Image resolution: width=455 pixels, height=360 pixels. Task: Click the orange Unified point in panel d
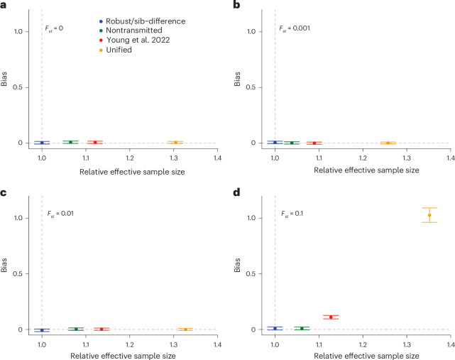[429, 215]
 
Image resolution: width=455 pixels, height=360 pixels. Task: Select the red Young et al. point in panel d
[331, 317]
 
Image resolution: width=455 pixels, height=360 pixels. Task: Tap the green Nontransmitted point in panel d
[302, 328]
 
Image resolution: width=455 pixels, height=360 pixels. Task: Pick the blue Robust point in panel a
[42, 143]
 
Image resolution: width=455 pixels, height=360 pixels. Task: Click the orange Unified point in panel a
[175, 142]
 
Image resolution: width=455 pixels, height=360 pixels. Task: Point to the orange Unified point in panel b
[388, 143]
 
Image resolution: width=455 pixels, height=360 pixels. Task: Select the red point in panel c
[102, 329]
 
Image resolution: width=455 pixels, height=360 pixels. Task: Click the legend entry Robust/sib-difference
[142, 21]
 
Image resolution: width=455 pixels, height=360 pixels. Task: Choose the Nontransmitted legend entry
[131, 31]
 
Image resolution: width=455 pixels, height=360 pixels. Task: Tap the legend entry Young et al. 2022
[134, 40]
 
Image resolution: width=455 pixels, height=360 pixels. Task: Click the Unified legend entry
[116, 50]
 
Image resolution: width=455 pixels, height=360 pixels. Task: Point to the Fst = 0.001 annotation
[295, 28]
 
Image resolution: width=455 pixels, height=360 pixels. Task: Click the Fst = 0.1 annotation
[292, 214]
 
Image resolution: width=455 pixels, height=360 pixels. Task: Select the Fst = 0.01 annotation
[60, 214]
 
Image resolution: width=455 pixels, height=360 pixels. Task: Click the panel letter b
[237, 5]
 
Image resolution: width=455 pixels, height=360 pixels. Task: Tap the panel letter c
[3, 192]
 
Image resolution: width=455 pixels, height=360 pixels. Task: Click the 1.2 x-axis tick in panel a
[130, 158]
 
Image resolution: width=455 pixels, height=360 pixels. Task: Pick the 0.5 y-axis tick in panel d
[251, 273]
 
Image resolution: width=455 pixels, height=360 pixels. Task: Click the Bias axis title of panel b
[237, 79]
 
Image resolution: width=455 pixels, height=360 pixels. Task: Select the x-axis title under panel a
[132, 172]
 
